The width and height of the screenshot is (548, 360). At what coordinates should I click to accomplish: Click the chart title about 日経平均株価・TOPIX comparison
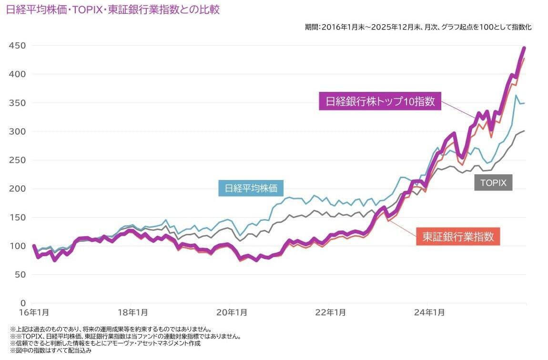[x=113, y=10]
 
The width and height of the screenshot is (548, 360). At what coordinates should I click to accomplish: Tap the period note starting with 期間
[x=418, y=27]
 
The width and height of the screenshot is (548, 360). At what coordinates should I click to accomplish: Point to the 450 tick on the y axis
[x=17, y=46]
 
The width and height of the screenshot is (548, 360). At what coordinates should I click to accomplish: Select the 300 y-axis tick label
[x=17, y=131]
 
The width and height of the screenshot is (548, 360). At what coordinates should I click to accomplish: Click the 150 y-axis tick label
[x=17, y=217]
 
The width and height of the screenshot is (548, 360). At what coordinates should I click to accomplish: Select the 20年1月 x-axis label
[x=231, y=313]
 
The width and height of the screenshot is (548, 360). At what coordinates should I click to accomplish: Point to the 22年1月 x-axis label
[x=330, y=313]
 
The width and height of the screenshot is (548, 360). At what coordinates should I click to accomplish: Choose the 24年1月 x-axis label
[x=429, y=313]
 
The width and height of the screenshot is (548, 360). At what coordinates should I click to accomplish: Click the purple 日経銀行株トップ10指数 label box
[x=380, y=102]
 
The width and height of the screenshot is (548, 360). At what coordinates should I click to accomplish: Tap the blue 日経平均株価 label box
[x=251, y=188]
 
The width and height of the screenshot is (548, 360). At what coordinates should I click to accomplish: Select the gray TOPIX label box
[x=493, y=182]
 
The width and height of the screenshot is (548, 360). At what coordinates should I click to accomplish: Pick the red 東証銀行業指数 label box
[x=458, y=237]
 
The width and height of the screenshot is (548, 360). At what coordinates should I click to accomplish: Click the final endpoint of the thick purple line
[x=524, y=48]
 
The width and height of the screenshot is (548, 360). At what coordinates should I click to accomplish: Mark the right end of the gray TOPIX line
[x=525, y=130]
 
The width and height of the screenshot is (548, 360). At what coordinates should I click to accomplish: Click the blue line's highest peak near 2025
[x=516, y=96]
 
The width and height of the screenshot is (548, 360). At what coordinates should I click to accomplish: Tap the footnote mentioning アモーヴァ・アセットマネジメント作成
[x=105, y=343]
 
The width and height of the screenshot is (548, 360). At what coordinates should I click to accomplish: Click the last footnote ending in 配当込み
[x=50, y=350]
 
